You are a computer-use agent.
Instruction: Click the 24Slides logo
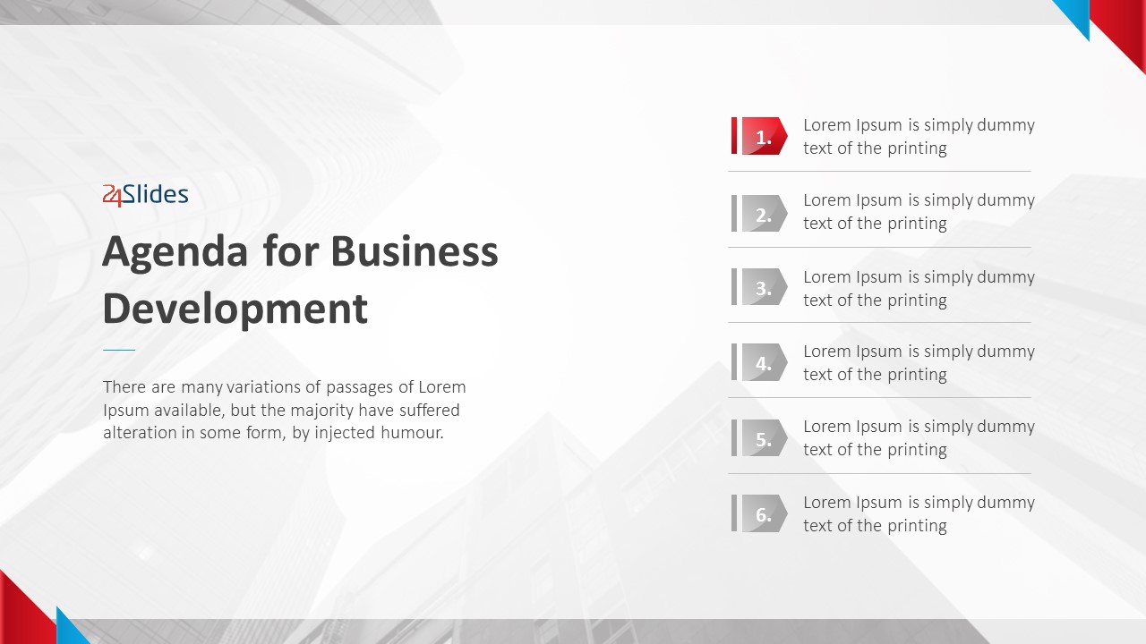point(145,195)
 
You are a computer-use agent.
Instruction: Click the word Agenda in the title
point(175,253)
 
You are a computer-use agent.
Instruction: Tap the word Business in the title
point(415,251)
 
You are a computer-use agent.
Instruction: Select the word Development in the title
point(235,310)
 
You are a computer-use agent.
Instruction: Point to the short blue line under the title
point(119,350)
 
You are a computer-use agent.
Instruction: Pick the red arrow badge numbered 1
point(765,136)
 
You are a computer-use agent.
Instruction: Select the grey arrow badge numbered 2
point(765,213)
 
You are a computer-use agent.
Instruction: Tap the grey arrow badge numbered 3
point(765,287)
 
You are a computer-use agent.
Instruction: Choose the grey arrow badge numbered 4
point(765,362)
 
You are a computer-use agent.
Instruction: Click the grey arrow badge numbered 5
point(765,438)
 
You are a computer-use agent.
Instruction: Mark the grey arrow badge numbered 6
point(765,513)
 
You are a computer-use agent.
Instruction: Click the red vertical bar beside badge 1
point(734,136)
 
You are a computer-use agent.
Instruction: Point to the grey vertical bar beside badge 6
point(734,513)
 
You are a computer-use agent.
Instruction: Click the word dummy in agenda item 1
point(1005,126)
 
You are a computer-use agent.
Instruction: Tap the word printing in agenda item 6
point(917,527)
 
